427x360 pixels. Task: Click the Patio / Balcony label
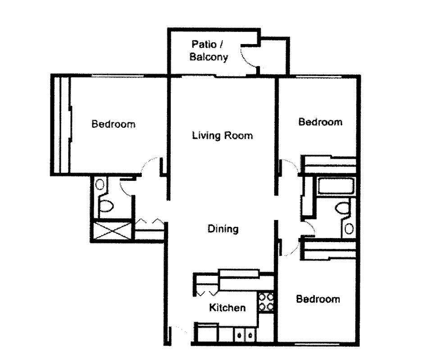point(209,51)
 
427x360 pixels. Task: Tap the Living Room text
point(222,135)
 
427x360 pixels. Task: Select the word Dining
point(223,229)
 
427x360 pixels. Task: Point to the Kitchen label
point(227,308)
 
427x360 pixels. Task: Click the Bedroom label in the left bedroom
point(113,124)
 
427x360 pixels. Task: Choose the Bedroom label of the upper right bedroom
point(320,122)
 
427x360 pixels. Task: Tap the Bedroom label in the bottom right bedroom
point(318,299)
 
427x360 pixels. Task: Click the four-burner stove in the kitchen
point(266,302)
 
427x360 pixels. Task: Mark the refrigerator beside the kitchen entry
point(207,333)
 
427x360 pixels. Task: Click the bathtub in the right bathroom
point(336,186)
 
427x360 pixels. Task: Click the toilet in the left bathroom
point(106,205)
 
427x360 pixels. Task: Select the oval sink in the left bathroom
point(100,184)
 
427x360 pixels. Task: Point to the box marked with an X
point(112,230)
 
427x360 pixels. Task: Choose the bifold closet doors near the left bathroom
point(149,222)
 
